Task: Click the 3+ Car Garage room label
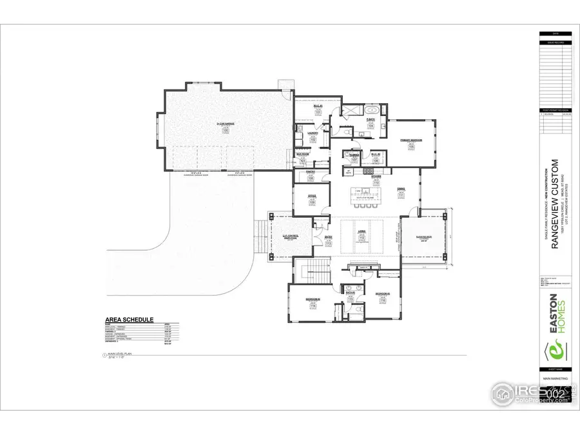(x=226, y=124)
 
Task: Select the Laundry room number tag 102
(x=313, y=139)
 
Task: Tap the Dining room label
(x=400, y=188)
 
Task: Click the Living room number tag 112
(x=362, y=238)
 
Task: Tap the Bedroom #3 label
(x=382, y=293)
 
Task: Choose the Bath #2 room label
(x=351, y=293)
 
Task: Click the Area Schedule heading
(x=129, y=320)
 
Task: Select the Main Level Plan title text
(x=119, y=354)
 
